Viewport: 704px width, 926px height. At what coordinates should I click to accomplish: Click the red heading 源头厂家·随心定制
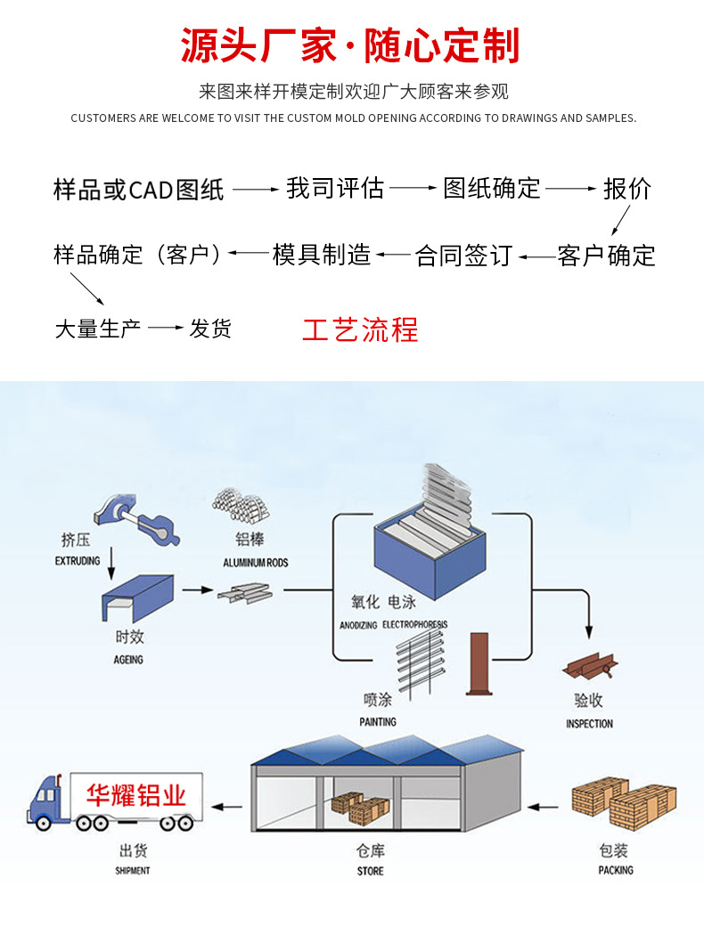(x=350, y=46)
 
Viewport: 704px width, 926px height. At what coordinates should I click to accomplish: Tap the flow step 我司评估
(x=334, y=188)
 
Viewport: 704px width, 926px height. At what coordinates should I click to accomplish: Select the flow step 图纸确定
(x=492, y=188)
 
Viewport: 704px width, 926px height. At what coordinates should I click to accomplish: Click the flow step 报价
(x=627, y=189)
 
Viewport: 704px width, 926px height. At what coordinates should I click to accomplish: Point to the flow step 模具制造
(x=322, y=256)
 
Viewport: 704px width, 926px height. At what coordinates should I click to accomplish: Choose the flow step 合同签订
(x=463, y=256)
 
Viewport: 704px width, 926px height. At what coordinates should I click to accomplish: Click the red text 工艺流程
(x=360, y=329)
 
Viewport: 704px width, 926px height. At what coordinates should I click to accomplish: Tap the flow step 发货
(x=210, y=329)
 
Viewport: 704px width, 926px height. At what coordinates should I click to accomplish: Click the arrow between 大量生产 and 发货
(x=166, y=329)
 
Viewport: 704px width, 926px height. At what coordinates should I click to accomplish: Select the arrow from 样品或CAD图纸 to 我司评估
(x=256, y=189)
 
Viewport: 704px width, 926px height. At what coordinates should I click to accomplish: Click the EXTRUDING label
(x=78, y=562)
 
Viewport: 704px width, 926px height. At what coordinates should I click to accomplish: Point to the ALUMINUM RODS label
(x=256, y=563)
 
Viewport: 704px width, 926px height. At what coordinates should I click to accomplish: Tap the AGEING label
(x=128, y=660)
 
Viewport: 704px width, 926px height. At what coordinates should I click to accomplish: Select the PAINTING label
(x=378, y=721)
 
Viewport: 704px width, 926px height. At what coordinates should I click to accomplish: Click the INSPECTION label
(x=589, y=724)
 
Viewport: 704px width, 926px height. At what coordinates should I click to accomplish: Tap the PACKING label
(x=615, y=870)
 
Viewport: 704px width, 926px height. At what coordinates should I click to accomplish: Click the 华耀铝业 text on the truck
(x=136, y=794)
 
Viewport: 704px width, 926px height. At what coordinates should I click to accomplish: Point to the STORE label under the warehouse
(x=370, y=871)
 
